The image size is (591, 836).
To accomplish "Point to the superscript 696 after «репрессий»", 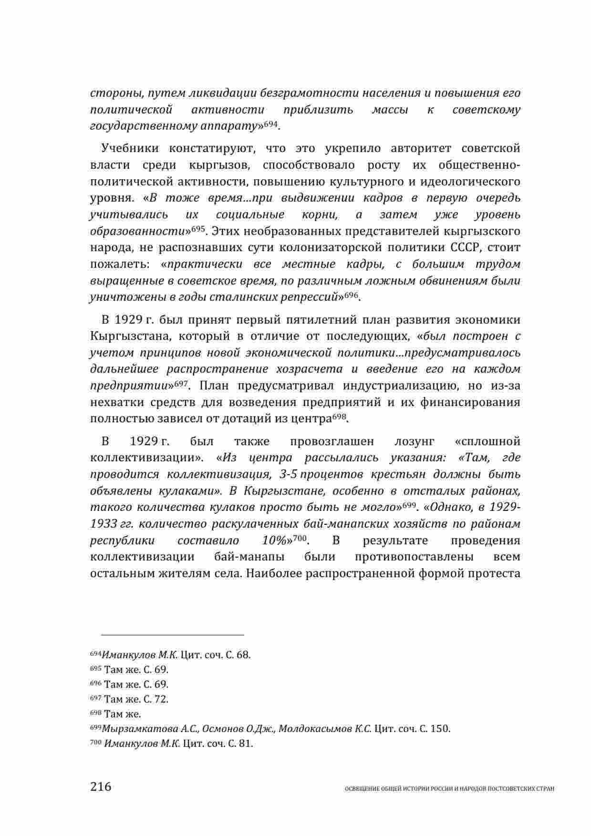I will tap(352, 295).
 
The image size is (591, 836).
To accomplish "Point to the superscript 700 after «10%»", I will tap(299, 538).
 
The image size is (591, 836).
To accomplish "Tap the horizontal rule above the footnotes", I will tap(167, 635).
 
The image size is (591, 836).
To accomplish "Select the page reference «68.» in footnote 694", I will tap(243, 655).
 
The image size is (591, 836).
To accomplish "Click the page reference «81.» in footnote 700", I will tap(245, 744).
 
